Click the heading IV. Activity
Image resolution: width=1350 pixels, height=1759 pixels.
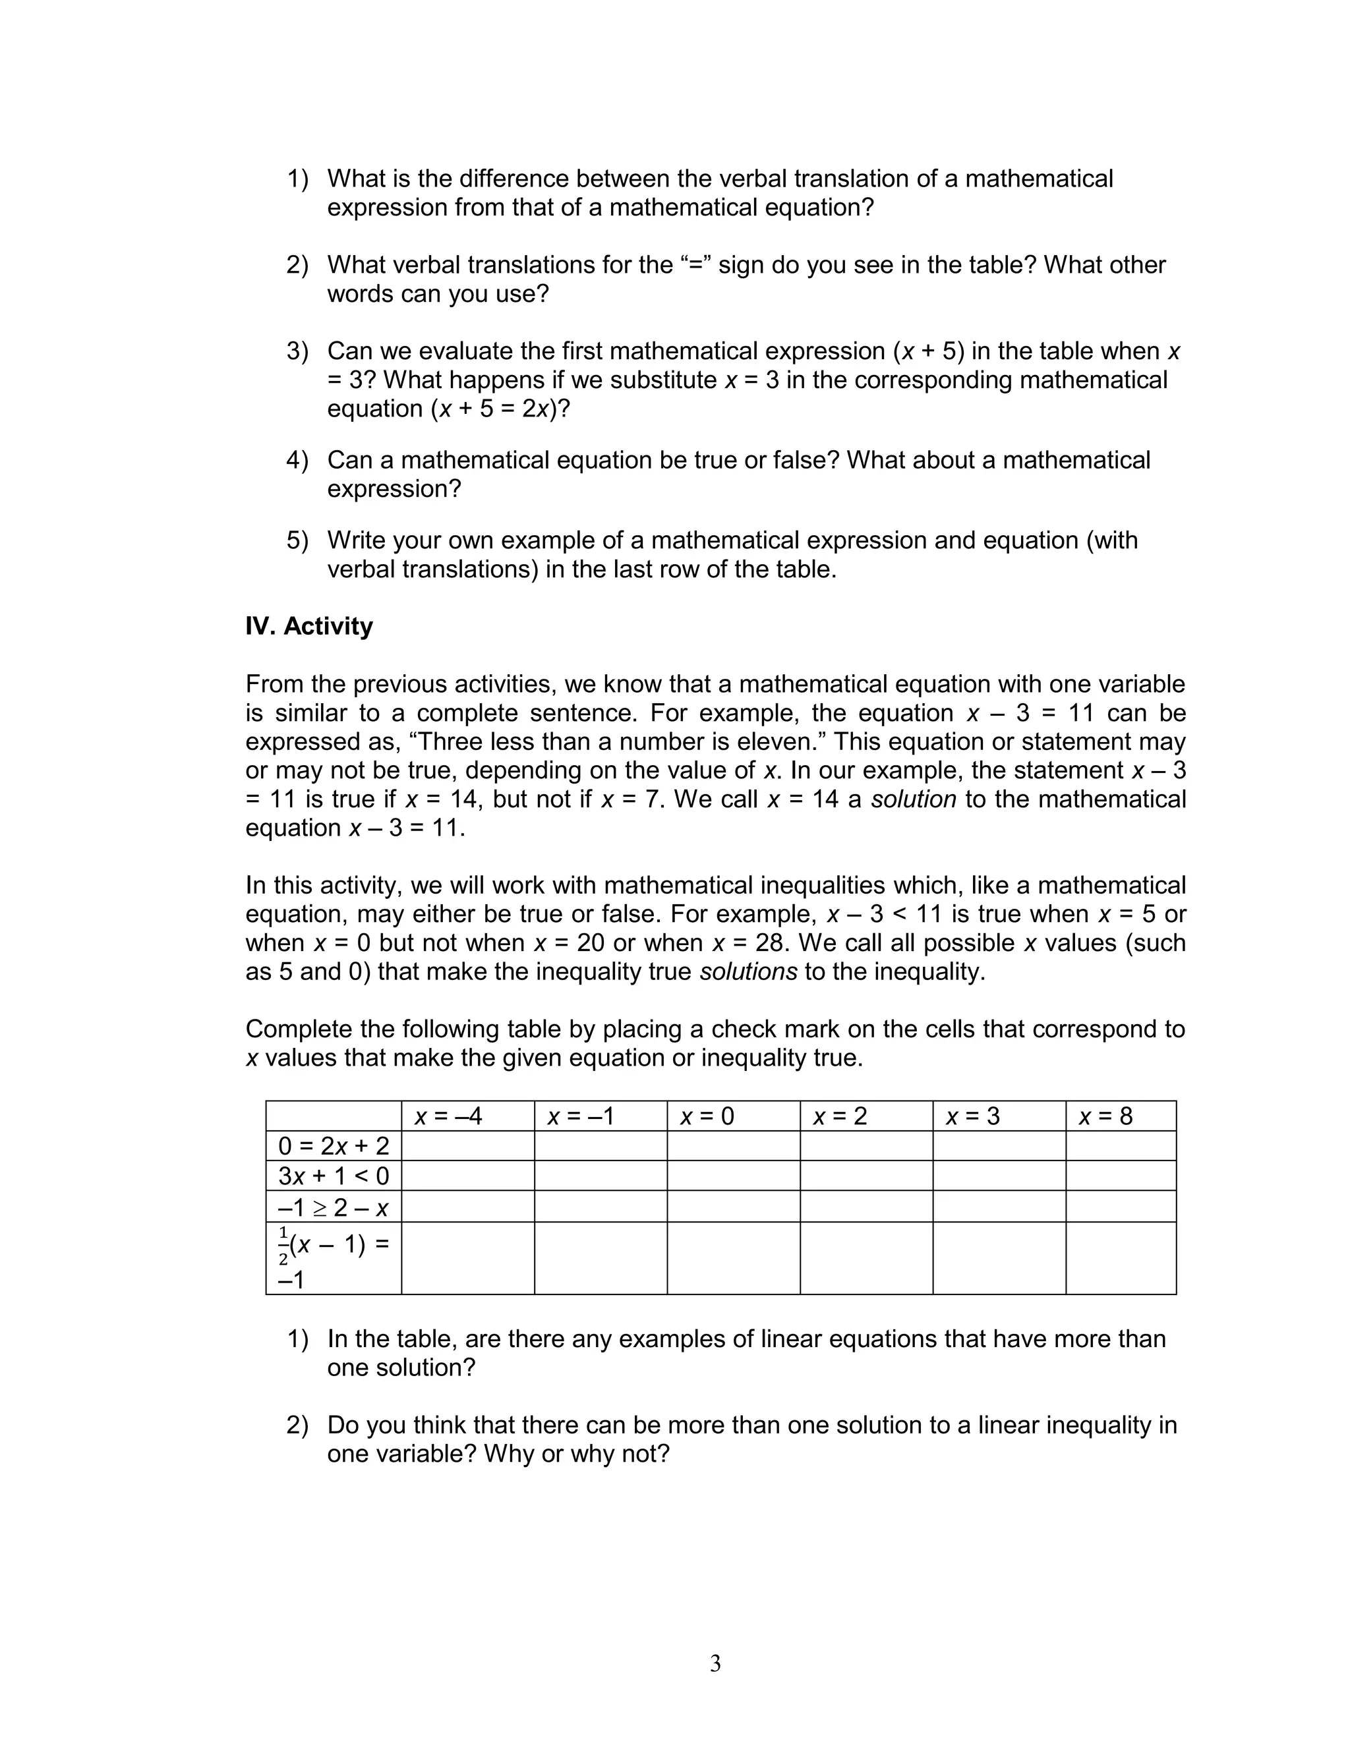click(308, 627)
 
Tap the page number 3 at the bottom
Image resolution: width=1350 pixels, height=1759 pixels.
click(715, 1663)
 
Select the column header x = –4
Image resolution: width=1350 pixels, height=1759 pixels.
click(448, 1116)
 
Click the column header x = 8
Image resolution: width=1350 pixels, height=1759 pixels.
click(1105, 1116)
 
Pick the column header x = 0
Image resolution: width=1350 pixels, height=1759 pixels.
click(707, 1116)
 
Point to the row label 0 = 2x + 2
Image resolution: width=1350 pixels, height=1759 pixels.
click(333, 1146)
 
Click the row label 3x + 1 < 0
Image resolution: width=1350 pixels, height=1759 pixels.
click(333, 1176)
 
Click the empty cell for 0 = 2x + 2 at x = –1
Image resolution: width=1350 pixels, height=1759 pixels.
click(601, 1146)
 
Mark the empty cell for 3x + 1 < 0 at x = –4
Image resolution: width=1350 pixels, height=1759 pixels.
click(467, 1176)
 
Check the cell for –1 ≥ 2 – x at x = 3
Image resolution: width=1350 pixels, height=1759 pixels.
click(999, 1207)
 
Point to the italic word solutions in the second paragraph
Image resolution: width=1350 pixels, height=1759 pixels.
click(748, 972)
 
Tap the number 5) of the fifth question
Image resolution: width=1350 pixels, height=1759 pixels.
click(297, 540)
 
